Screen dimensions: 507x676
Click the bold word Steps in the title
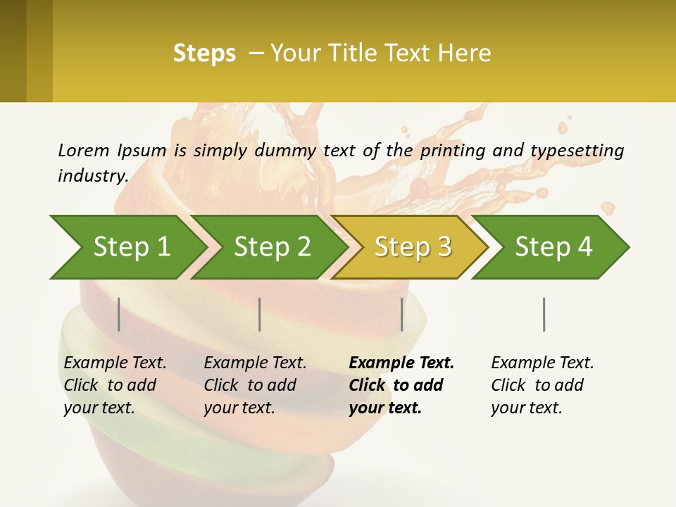[204, 54]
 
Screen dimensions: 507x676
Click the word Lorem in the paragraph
[83, 150]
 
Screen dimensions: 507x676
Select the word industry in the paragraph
[92, 176]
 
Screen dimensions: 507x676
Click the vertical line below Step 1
[119, 314]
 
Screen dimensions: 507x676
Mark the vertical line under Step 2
[260, 314]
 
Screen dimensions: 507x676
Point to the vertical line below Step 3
[402, 314]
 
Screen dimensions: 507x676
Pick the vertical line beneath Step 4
[544, 314]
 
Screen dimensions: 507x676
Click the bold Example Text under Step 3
[401, 363]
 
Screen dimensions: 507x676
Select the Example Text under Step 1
[115, 363]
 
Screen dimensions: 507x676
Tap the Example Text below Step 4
[542, 363]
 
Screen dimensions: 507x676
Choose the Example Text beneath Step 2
[255, 363]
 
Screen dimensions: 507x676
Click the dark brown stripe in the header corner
[13, 51]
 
